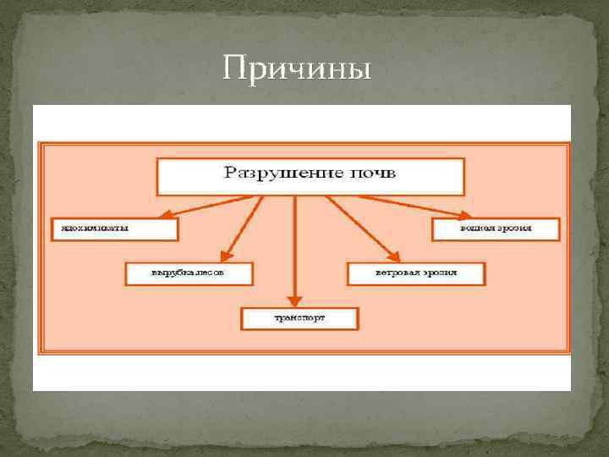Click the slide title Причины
[x=297, y=69]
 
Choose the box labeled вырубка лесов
[x=188, y=273]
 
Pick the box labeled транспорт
[x=300, y=318]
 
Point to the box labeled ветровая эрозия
[x=415, y=273]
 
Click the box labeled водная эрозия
[x=496, y=228]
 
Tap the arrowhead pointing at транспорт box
[x=294, y=299]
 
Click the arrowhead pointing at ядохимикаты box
[x=167, y=215]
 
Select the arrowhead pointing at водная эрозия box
[x=464, y=215]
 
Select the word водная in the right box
[x=477, y=228]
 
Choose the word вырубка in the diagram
[x=169, y=273]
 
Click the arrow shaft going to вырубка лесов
[x=245, y=223]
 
